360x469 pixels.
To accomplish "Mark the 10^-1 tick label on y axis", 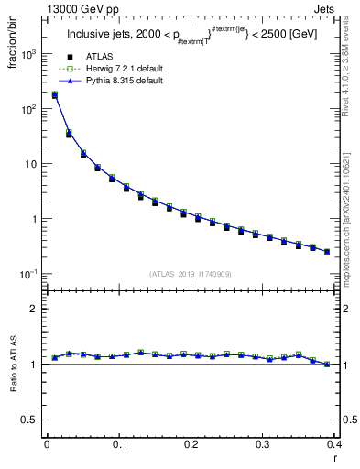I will [x=27, y=274].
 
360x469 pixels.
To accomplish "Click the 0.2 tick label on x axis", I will [x=190, y=445].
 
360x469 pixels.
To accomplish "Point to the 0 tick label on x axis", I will [x=47, y=445].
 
